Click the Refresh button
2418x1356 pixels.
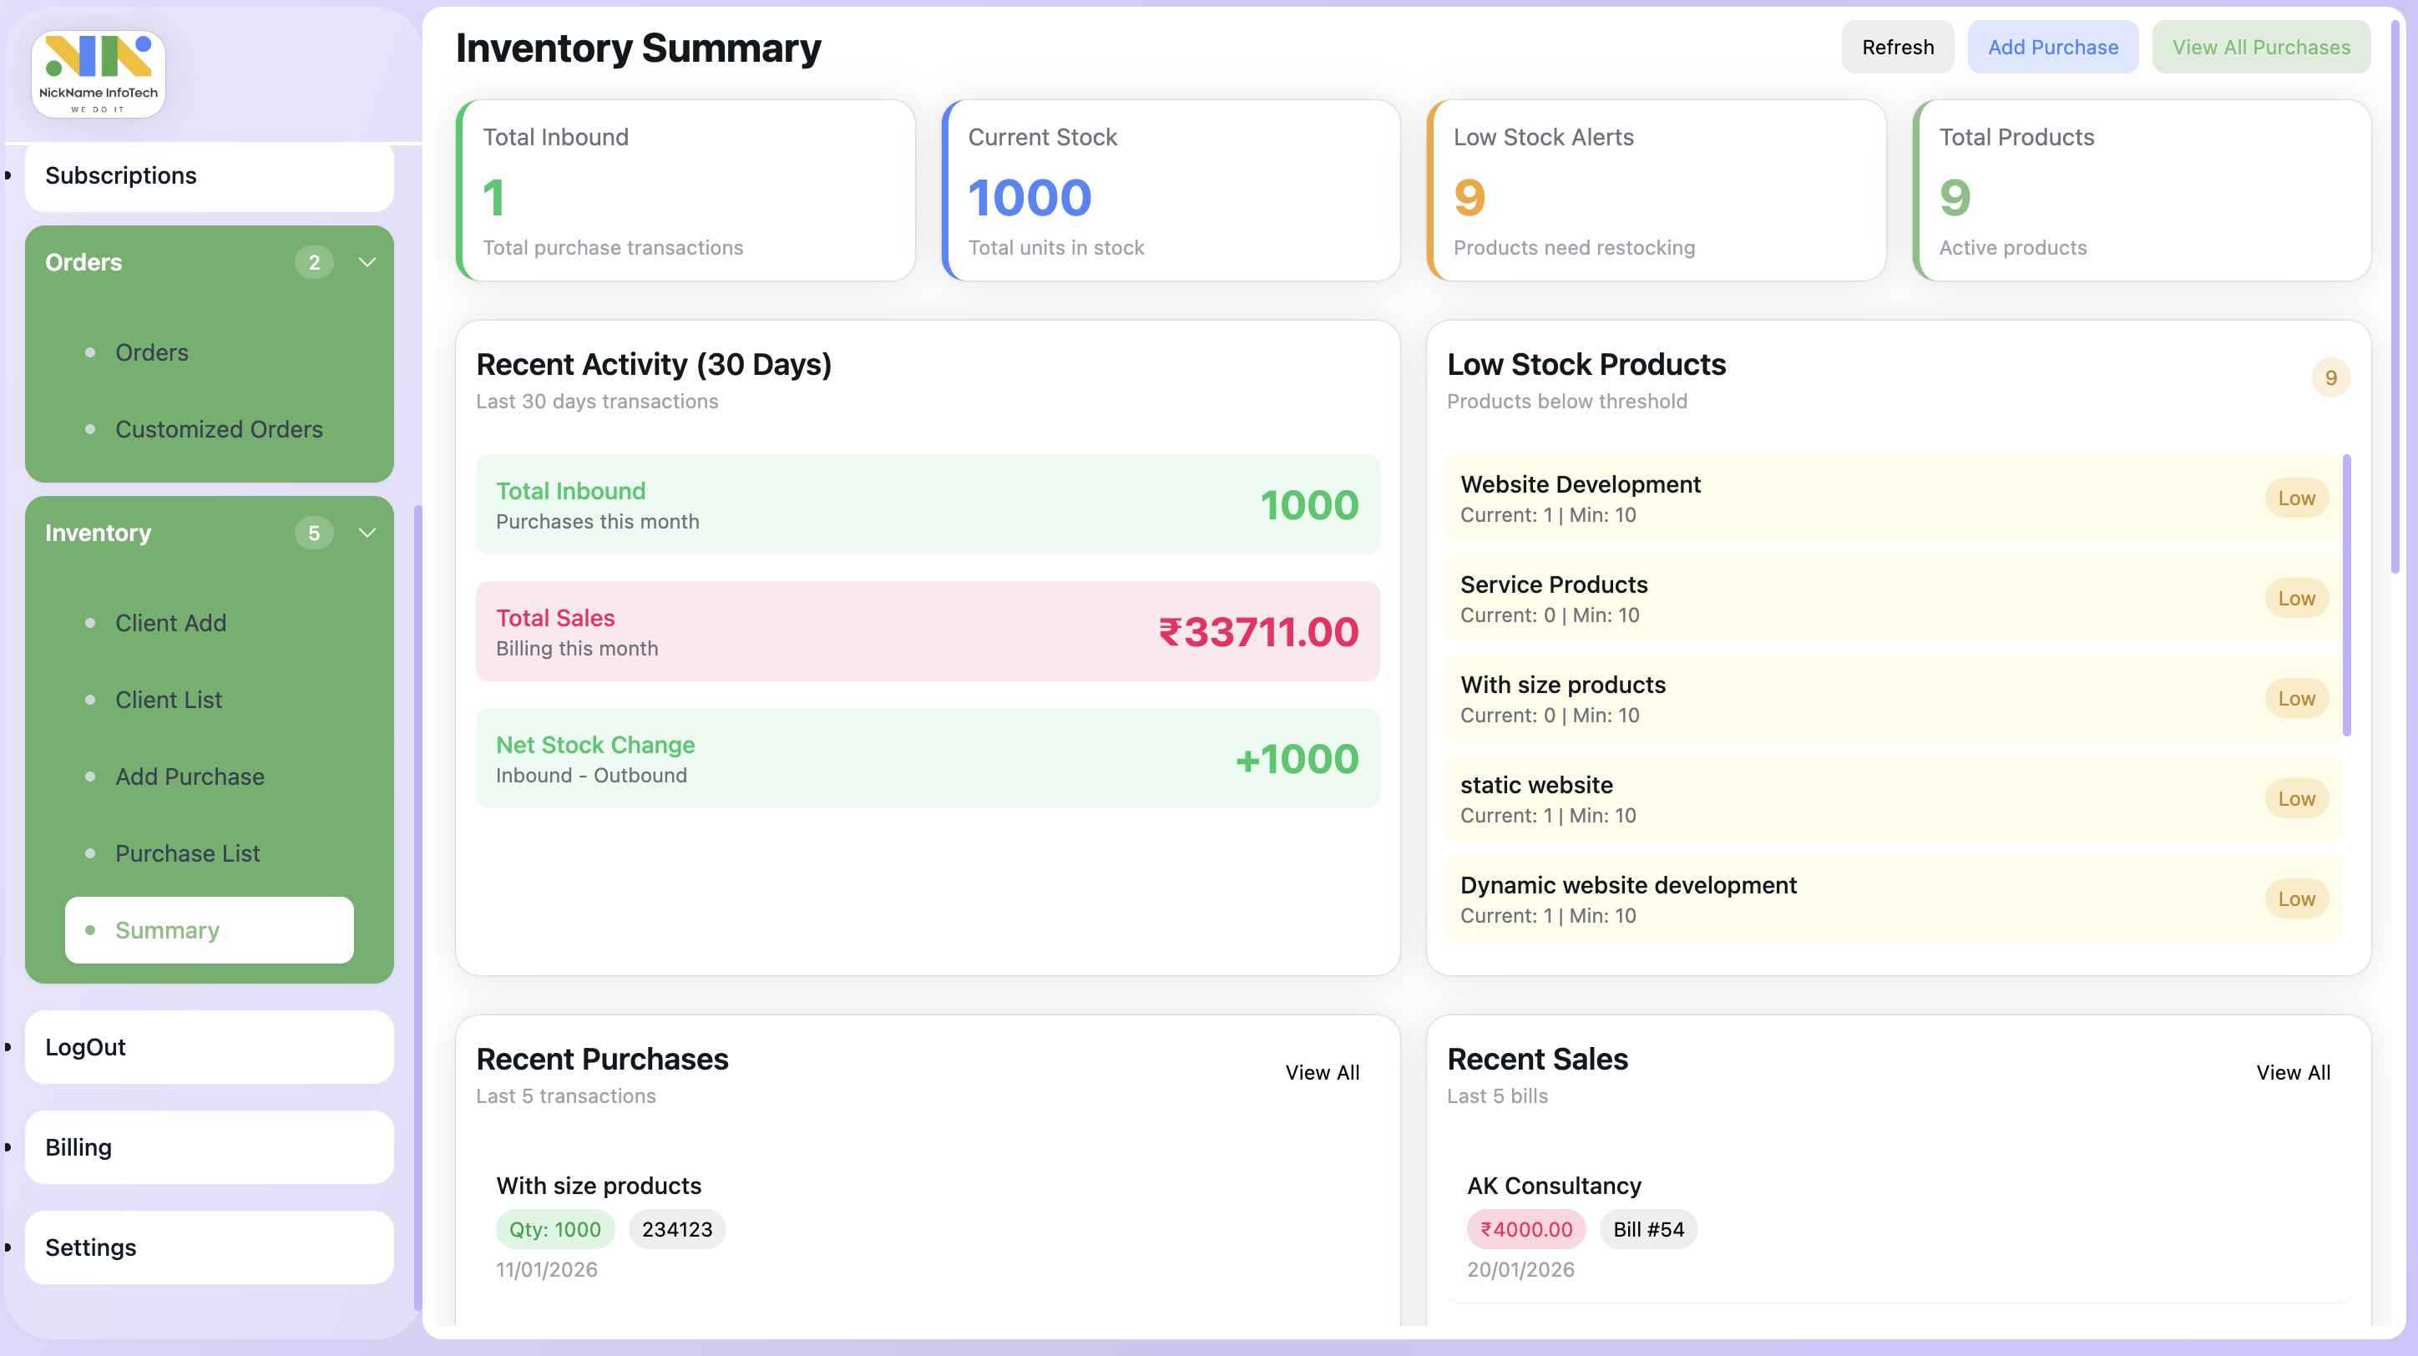pyautogui.click(x=1897, y=47)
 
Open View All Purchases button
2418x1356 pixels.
pyautogui.click(x=2260, y=47)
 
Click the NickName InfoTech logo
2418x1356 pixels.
pyautogui.click(x=99, y=74)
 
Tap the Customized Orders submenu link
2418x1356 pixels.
pyautogui.click(x=218, y=429)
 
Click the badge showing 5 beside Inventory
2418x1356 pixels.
pyautogui.click(x=313, y=533)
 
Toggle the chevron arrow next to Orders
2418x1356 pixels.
pyautogui.click(x=367, y=263)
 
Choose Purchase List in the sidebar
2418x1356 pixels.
pyautogui.click(x=187, y=853)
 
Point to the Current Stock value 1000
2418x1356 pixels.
pyautogui.click(x=1029, y=198)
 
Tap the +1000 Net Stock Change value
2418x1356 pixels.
pyautogui.click(x=1297, y=758)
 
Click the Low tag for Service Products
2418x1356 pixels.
pyautogui.click(x=2295, y=599)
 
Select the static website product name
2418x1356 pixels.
pyautogui.click(x=1535, y=785)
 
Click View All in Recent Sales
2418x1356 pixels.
pyautogui.click(x=2292, y=1073)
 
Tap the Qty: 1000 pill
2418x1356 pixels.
pyautogui.click(x=554, y=1229)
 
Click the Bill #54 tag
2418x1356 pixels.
pyautogui.click(x=1647, y=1229)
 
